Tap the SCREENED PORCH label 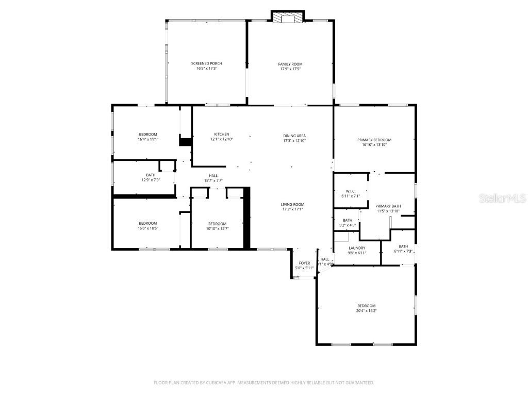[x=206, y=63]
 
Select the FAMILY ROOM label [x=290, y=64]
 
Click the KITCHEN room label [x=222, y=135]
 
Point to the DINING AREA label [x=294, y=136]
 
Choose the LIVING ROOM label [x=292, y=204]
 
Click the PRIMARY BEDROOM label [x=374, y=140]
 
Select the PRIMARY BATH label [x=388, y=206]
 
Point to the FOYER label [x=304, y=263]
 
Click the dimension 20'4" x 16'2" [x=366, y=311]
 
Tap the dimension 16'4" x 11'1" [x=147, y=139]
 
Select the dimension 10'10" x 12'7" [x=217, y=228]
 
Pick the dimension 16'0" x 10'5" [x=147, y=228]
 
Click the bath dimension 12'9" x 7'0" [x=151, y=180]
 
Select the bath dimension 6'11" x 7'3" [x=403, y=251]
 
